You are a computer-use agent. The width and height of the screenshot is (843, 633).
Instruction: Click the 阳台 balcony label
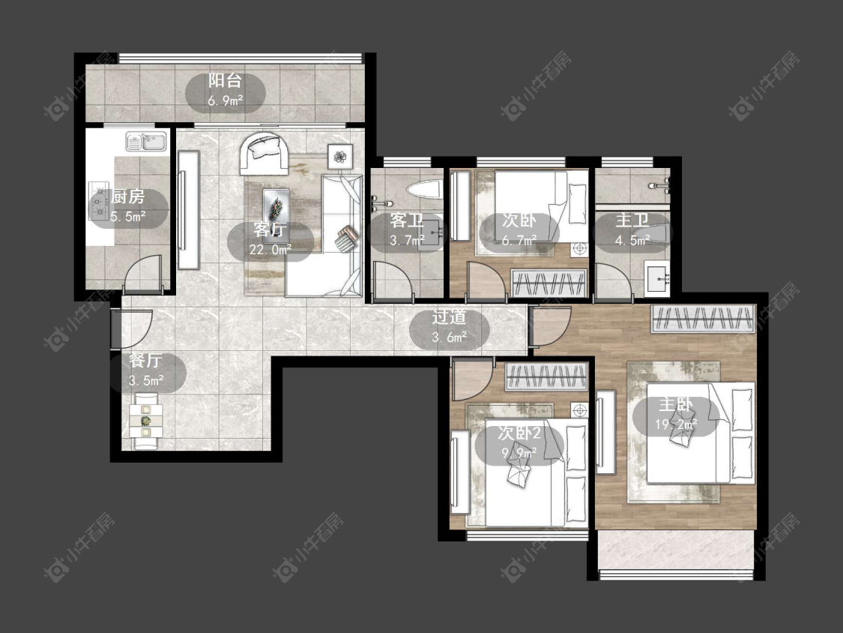pyautogui.click(x=226, y=81)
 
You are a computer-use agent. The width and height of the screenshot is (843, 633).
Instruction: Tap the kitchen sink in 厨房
pyautogui.click(x=146, y=142)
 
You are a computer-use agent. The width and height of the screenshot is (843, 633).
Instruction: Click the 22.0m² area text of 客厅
pyautogui.click(x=270, y=250)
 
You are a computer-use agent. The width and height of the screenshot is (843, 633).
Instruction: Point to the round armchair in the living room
pyautogui.click(x=264, y=154)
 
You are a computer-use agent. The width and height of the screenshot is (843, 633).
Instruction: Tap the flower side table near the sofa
pyautogui.click(x=339, y=157)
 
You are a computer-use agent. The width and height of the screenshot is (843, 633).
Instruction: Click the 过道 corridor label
pyautogui.click(x=449, y=317)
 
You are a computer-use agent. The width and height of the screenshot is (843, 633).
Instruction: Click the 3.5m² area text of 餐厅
pyautogui.click(x=146, y=381)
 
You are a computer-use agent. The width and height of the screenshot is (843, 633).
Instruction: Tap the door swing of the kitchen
pyautogui.click(x=142, y=274)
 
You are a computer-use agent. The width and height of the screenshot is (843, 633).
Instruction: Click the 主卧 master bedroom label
pyautogui.click(x=676, y=405)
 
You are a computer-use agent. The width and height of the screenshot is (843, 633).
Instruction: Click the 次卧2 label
pyautogui.click(x=519, y=433)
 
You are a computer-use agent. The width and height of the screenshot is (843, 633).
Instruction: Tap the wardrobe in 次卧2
pyautogui.click(x=547, y=376)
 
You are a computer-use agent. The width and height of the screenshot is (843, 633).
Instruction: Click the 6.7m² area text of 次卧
pyautogui.click(x=519, y=241)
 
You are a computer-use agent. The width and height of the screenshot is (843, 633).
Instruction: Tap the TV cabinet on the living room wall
pyautogui.click(x=188, y=210)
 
